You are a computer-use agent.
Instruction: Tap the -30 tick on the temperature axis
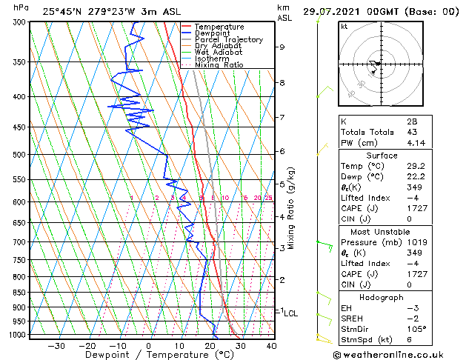(x=56, y=345)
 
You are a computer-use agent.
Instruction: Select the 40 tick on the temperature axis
(x=271, y=345)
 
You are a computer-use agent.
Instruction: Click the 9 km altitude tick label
(x=282, y=47)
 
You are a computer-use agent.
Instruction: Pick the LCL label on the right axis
(x=290, y=313)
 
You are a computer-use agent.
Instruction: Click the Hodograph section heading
(x=382, y=297)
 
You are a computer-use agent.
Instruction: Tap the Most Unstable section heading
(x=382, y=230)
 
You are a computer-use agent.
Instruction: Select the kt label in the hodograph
(x=344, y=27)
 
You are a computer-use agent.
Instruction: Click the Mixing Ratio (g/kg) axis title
(x=291, y=208)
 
